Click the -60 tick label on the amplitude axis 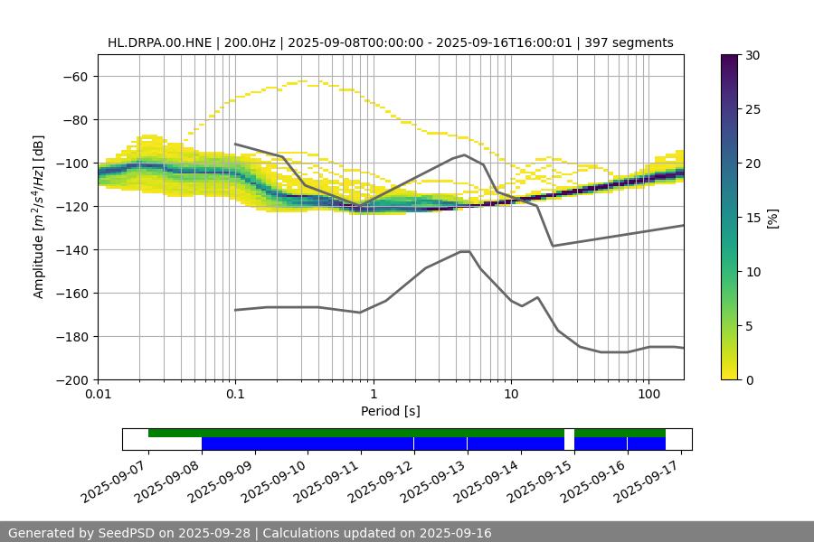click(75, 76)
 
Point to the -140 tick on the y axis click(71, 249)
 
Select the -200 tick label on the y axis click(71, 379)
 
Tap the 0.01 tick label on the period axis click(98, 395)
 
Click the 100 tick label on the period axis click(648, 395)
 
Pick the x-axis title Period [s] click(390, 411)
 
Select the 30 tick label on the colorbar click(752, 55)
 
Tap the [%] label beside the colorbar click(772, 218)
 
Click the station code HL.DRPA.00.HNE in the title click(160, 42)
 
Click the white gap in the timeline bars click(569, 439)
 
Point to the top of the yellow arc click(302, 81)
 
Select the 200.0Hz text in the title click(251, 42)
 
